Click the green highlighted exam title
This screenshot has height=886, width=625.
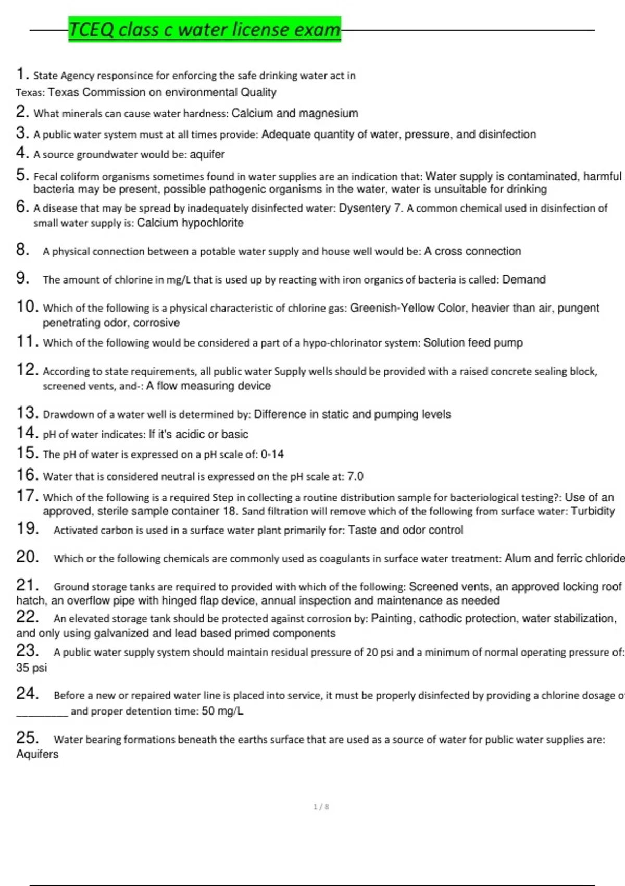click(x=204, y=29)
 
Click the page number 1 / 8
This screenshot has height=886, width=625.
click(x=321, y=807)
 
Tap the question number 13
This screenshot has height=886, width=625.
click(x=27, y=413)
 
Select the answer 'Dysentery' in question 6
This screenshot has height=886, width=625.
click(x=364, y=208)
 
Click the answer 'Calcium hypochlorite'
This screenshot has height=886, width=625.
click(x=190, y=223)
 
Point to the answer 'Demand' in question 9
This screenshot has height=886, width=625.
click(x=523, y=279)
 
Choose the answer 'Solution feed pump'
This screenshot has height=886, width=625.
click(x=473, y=343)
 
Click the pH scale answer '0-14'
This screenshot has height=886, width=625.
click(x=272, y=454)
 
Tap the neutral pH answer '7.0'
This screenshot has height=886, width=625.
click(x=355, y=476)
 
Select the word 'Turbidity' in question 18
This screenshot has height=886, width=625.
click(x=593, y=511)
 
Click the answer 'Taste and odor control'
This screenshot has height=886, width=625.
click(x=405, y=530)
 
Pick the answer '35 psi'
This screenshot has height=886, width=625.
click(x=31, y=668)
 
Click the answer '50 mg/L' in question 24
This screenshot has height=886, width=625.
click(x=222, y=711)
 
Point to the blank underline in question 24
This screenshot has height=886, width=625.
click(x=42, y=713)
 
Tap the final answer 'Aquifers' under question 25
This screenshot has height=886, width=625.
click(x=37, y=754)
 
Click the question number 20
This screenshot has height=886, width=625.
click(x=27, y=557)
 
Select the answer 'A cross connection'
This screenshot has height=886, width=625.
click(x=472, y=251)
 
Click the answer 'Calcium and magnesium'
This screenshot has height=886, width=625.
click(x=295, y=113)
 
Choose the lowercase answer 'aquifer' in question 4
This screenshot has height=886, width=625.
click(x=207, y=154)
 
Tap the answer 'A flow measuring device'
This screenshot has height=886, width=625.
click(x=208, y=386)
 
